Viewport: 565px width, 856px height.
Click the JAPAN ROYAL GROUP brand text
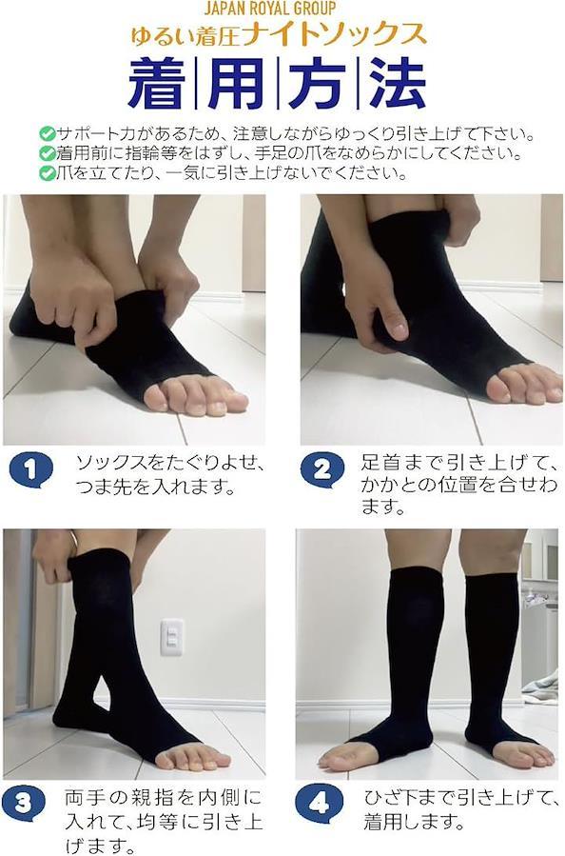(x=270, y=9)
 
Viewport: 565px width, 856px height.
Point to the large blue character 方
(x=317, y=84)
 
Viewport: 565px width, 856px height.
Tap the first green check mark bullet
(x=48, y=134)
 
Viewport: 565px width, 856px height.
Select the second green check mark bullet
(x=48, y=153)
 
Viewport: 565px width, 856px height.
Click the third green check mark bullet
(x=48, y=173)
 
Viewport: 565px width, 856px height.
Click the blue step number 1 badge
(x=31, y=470)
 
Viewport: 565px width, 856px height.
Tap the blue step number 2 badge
(x=322, y=470)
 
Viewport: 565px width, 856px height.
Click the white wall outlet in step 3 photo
(x=172, y=638)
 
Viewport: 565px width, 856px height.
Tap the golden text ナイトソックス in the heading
(x=336, y=34)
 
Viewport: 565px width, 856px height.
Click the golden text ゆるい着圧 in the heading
(x=186, y=35)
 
